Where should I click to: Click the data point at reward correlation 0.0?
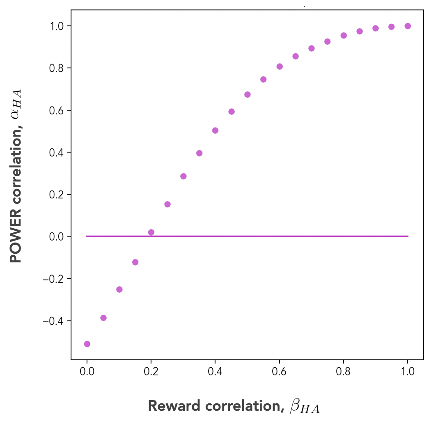[87, 344]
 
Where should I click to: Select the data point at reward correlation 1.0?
[408, 26]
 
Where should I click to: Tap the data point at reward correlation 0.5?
[248, 95]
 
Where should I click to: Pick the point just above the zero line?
[151, 232]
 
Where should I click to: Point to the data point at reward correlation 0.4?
[215, 131]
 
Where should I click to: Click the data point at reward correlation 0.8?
[344, 36]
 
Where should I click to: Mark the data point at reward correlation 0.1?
[119, 289]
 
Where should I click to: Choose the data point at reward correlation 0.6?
[280, 66]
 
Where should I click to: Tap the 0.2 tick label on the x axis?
[151, 372]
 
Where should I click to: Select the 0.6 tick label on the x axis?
[280, 372]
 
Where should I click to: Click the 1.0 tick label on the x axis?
[408, 372]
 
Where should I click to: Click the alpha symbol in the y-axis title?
[16, 113]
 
